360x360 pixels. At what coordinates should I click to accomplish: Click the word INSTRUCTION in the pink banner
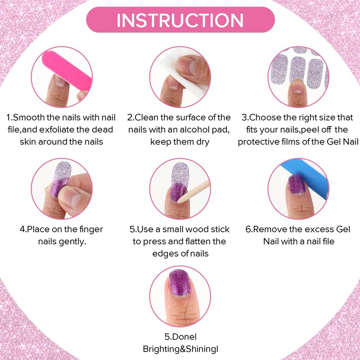[180, 20]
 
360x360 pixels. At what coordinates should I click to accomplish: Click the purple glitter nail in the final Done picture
[180, 283]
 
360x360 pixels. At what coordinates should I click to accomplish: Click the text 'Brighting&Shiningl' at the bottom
[180, 349]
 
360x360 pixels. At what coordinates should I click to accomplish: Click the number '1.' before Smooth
[9, 117]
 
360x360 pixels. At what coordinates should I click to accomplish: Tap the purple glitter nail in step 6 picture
[297, 184]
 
